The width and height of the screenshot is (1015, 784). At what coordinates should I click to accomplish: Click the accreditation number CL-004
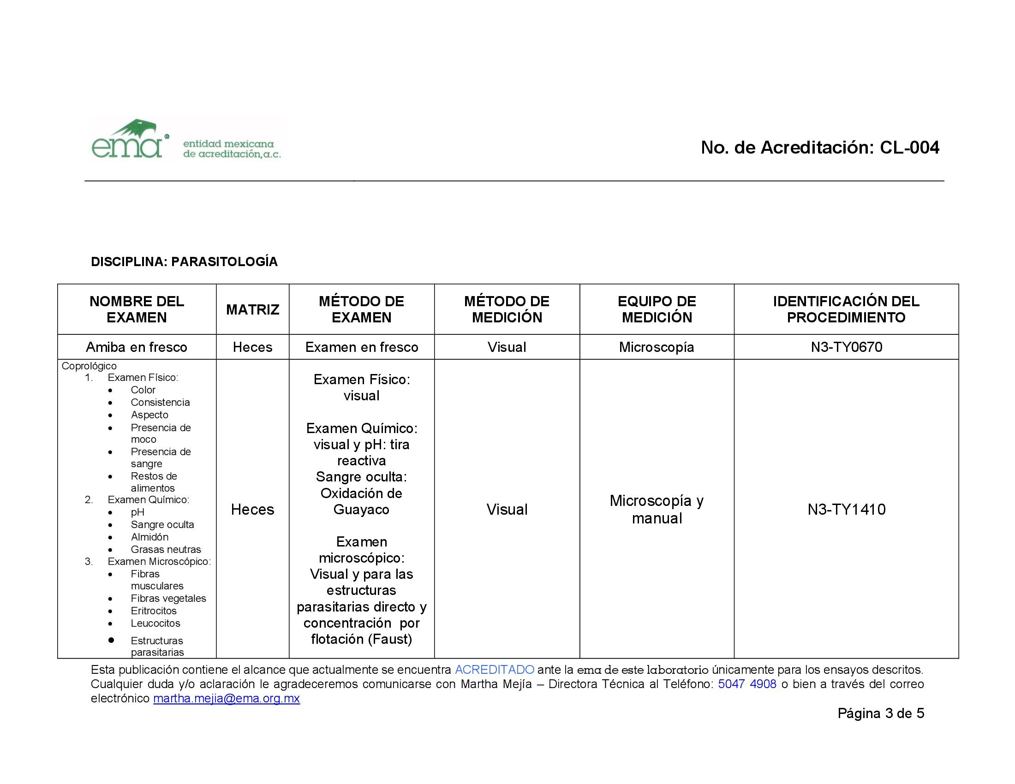pos(909,148)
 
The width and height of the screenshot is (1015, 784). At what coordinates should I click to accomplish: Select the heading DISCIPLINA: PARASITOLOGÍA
pos(184,262)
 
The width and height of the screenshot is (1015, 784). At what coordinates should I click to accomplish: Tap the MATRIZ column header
pos(252,310)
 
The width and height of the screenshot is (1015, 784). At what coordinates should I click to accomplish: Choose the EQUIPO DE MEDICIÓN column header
pos(656,309)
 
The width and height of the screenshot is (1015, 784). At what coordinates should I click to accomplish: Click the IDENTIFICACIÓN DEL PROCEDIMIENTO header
pos(846,309)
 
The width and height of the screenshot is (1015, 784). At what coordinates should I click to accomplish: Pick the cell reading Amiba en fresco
pos(136,347)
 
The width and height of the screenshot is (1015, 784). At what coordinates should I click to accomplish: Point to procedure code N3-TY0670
pos(846,347)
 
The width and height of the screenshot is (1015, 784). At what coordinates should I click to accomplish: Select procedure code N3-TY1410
pos(846,510)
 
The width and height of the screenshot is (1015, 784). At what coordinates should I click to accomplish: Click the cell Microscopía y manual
pos(656,510)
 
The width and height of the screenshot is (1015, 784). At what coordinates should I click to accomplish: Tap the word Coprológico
pos(89,366)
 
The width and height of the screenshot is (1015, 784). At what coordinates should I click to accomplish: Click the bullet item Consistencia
pos(160,402)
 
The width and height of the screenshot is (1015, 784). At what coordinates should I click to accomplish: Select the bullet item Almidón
pos(149,537)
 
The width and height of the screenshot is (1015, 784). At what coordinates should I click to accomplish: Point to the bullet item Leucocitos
pos(155,624)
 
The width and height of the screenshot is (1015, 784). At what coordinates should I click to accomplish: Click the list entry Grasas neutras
pos(166,549)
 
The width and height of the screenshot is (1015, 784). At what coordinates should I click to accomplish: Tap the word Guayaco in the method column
pos(361,510)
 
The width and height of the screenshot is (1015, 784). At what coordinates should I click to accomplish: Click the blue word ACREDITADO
pos(494,670)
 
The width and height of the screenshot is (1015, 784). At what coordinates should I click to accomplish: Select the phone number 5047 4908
pos(747,684)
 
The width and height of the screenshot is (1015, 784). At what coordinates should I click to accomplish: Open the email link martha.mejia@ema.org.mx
pos(227,699)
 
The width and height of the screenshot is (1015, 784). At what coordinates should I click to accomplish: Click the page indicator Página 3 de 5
pos(881,713)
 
